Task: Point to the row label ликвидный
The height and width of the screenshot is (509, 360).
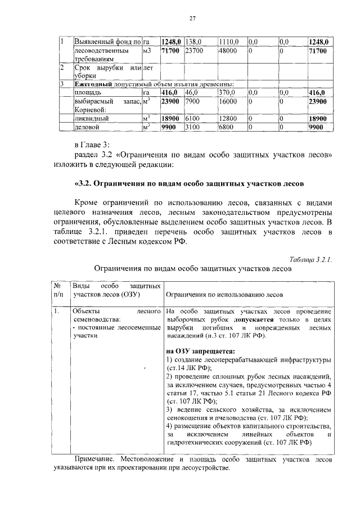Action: [x=91, y=119]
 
